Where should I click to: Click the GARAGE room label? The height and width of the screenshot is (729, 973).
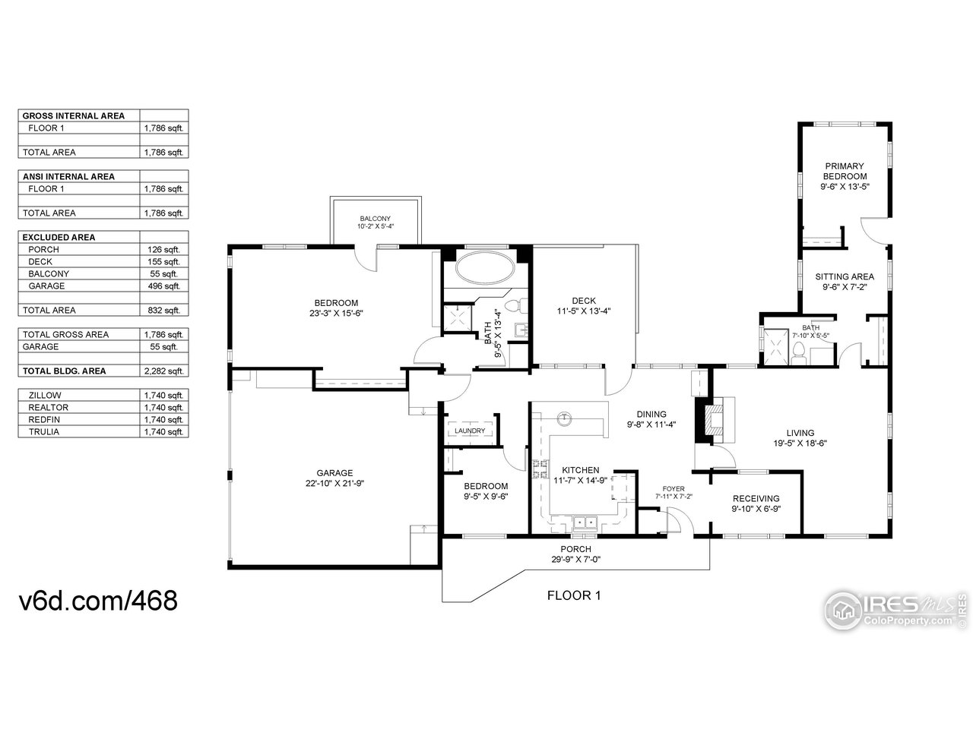pos(334,472)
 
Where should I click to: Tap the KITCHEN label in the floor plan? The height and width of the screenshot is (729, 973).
pos(581,470)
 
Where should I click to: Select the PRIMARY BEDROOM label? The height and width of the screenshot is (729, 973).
pos(845,171)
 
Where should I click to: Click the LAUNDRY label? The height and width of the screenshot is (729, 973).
pos(470,431)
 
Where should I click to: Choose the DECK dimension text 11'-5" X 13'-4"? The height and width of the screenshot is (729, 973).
pos(585,311)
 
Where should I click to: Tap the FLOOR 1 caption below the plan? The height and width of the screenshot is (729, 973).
pos(574,595)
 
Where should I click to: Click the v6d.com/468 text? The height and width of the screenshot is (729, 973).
pos(98,601)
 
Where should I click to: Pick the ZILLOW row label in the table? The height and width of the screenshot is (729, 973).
pos(45,396)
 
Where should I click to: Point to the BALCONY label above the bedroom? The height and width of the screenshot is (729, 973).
pos(376,219)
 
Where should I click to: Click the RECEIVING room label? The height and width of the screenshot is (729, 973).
pos(756,498)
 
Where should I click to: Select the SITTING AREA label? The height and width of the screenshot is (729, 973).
pos(845,276)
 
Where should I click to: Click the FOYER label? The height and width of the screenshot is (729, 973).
pos(673,488)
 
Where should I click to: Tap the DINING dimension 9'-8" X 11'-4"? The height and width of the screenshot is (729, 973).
pos(651,425)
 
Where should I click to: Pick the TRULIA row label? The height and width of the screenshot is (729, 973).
pos(44,432)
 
